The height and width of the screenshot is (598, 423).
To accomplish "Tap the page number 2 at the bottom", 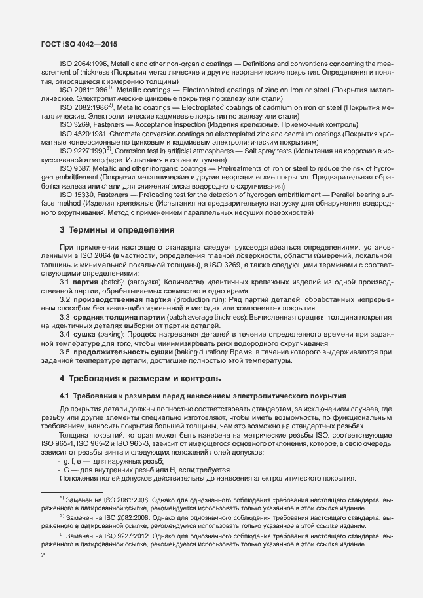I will coord(43,555).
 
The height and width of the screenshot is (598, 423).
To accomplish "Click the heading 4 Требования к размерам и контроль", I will coord(140,379).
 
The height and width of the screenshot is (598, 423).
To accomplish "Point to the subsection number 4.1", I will coord(65,396).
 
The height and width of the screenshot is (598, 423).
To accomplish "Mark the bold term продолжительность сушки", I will coord(123,352).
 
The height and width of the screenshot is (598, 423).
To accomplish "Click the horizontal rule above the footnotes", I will coord(72,491).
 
